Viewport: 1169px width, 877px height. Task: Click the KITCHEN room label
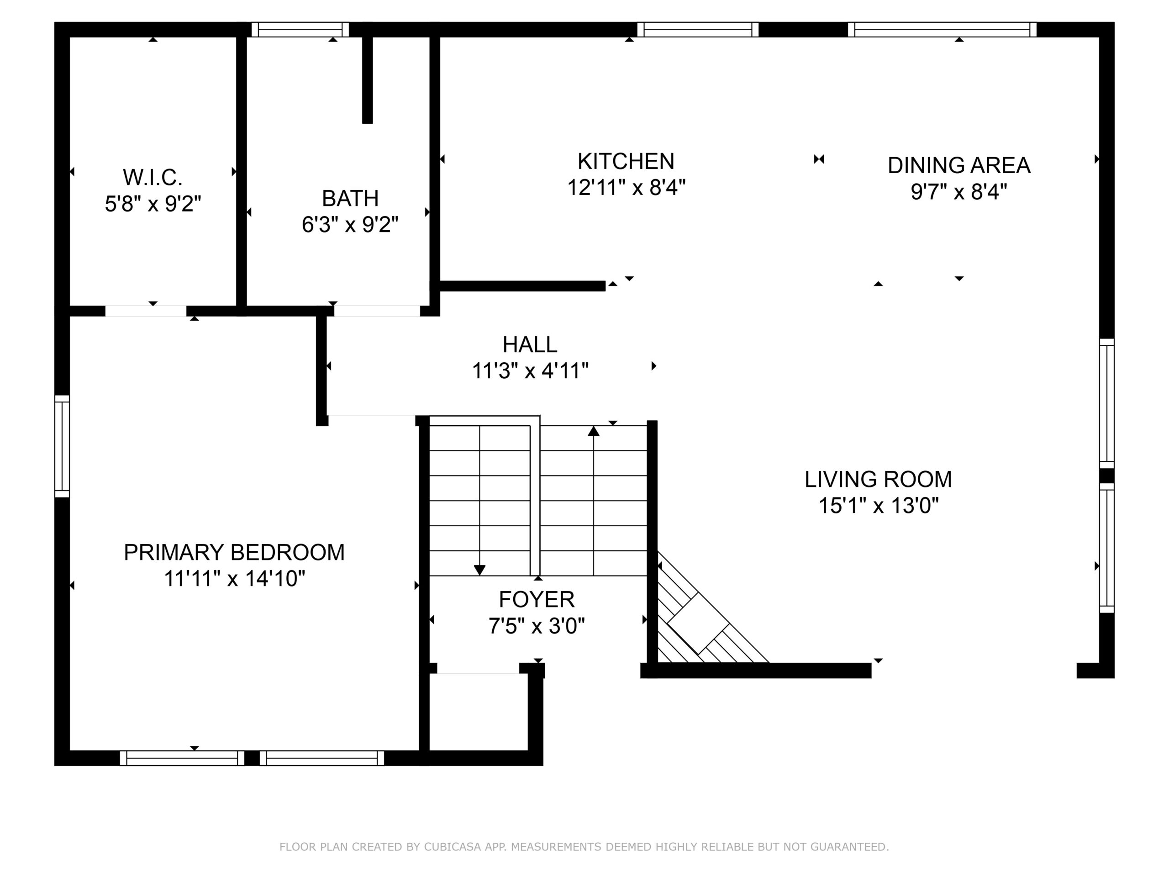626,161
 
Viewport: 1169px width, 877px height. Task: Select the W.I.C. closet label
153,178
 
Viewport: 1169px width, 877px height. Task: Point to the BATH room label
350,198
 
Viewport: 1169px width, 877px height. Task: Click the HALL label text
530,345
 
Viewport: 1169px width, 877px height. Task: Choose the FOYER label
537,599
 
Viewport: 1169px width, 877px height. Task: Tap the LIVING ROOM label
878,480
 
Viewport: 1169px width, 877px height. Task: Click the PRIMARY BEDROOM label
234,552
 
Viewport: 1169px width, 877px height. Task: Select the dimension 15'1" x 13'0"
878,505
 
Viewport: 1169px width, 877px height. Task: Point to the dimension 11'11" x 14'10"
235,578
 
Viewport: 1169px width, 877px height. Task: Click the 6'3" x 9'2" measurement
350,225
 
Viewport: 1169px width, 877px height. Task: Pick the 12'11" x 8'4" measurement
626,187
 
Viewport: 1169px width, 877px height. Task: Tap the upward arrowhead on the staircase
594,431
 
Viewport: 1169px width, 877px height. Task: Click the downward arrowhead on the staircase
479,570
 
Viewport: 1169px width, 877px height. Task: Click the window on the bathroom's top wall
300,30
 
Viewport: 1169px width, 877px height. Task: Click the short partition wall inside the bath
367,79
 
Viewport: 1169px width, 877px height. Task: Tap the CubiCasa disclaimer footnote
584,847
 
